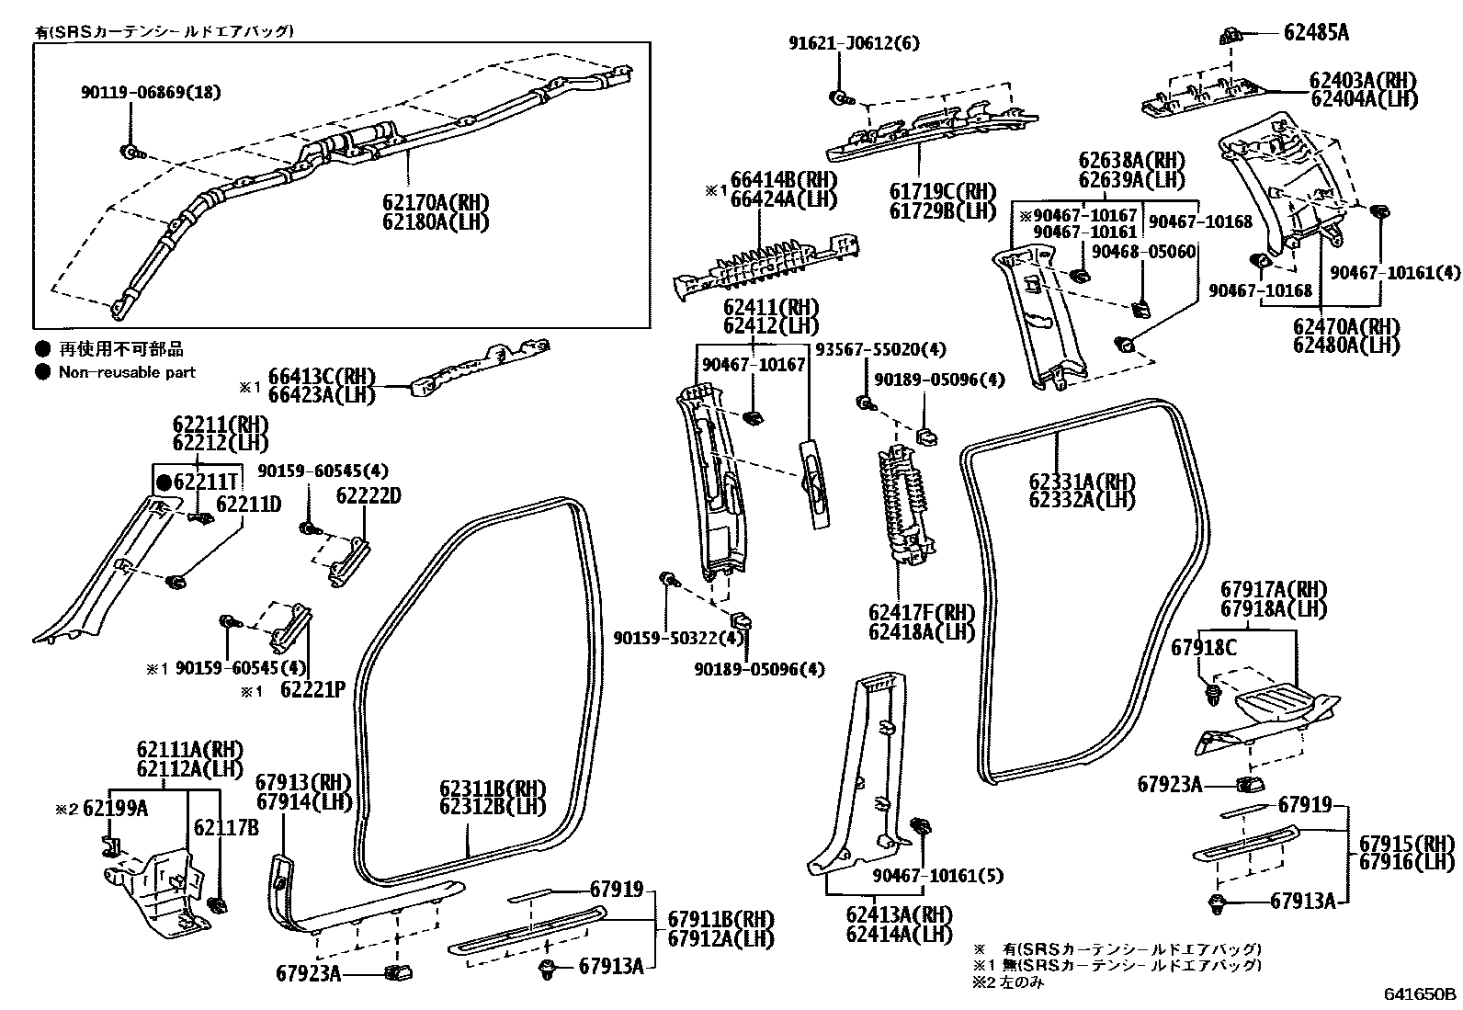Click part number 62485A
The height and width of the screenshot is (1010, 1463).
[x=1316, y=33]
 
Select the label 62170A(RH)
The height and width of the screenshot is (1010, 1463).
[x=437, y=201]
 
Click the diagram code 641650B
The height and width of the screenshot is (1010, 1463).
[x=1421, y=994]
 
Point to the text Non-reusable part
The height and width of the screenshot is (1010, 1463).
[x=127, y=372]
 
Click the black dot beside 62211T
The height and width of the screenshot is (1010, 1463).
[x=164, y=481]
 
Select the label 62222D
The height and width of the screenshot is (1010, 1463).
[x=369, y=496]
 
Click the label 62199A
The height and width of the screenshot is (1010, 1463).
[x=116, y=809]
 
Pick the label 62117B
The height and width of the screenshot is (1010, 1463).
[x=226, y=827]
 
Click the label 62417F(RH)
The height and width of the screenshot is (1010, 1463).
[x=921, y=613]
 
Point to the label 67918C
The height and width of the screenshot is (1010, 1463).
[x=1204, y=648]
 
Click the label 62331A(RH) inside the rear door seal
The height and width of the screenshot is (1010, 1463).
[x=1082, y=481]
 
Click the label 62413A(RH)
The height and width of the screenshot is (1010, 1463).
[x=899, y=914]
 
